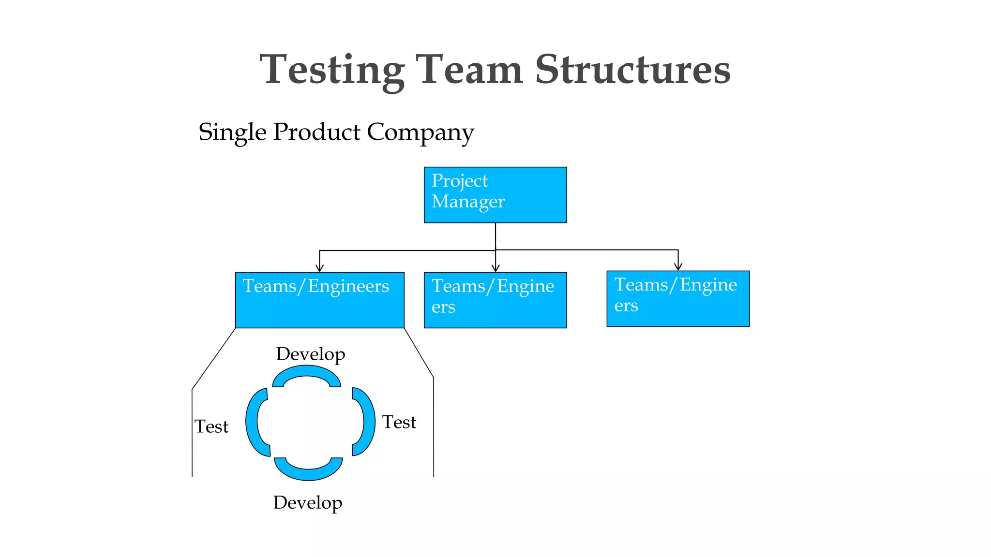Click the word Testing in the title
tap(332, 71)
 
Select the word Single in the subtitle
tap(232, 132)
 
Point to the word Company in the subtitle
tap(420, 132)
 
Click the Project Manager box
tap(495, 195)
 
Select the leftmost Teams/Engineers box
tap(319, 300)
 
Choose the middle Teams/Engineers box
tap(495, 300)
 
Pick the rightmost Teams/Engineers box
tap(678, 299)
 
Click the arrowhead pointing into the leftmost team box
tap(319, 268)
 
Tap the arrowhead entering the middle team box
tap(495, 268)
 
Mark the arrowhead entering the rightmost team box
tap(678, 266)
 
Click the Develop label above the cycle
tap(310, 354)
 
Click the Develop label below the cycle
tap(307, 503)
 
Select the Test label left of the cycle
tap(211, 427)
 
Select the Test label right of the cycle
tap(399, 423)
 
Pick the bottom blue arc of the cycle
tap(308, 474)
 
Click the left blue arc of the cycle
tap(253, 422)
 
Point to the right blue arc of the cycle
tap(368, 422)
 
